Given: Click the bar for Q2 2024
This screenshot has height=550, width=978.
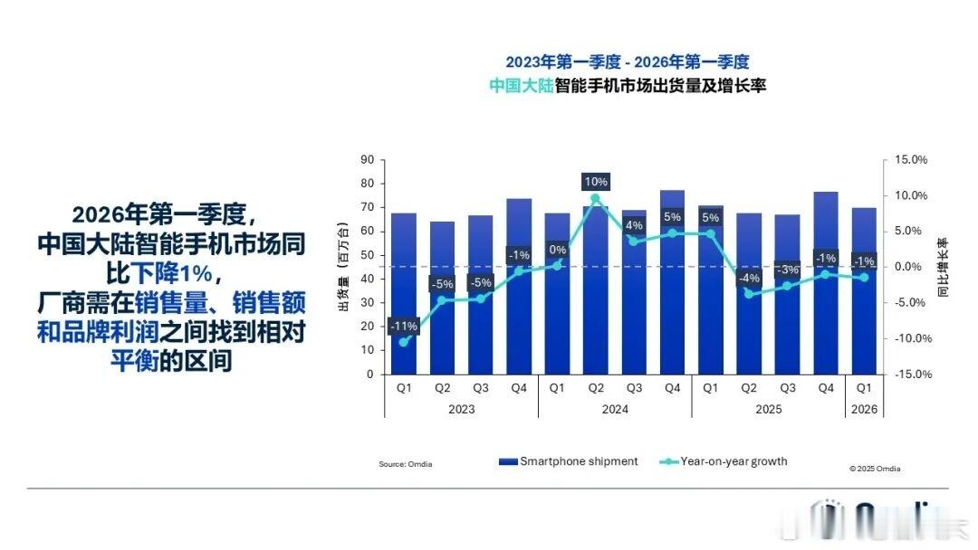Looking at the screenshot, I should [595, 299].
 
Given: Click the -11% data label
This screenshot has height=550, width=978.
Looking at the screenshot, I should [403, 326].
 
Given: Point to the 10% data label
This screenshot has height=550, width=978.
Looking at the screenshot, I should [595, 182].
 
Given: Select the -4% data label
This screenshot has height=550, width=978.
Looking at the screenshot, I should [748, 278].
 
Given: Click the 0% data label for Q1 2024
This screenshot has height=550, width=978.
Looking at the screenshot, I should [557, 250].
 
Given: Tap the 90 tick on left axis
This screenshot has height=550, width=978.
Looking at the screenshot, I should [367, 160].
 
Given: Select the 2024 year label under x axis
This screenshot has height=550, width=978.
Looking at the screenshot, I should [614, 409].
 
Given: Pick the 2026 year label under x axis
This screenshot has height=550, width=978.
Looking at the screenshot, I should [863, 409].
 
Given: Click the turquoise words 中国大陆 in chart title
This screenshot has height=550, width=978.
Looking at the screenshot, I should [523, 87].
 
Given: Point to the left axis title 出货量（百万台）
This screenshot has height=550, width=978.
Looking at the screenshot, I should [343, 267].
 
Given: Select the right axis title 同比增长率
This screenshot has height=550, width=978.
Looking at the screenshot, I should [942, 268].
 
